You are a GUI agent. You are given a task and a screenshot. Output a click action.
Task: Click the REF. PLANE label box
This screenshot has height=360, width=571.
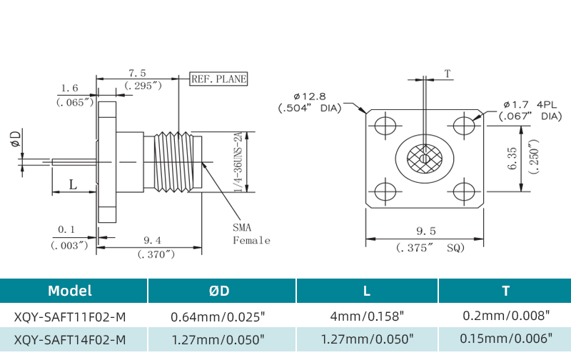(218, 79)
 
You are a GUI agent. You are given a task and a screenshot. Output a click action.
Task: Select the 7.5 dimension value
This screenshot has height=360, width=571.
(137, 73)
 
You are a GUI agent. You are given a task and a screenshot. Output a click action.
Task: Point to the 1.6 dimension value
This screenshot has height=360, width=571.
(69, 89)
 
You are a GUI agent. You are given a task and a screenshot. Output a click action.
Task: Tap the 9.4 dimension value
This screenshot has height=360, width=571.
(151, 239)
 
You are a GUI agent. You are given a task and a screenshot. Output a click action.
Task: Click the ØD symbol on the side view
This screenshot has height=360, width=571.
(16, 139)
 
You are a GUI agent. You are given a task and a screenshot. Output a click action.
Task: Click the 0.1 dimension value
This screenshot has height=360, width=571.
(66, 229)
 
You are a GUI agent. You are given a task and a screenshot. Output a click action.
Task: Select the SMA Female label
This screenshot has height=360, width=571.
(251, 234)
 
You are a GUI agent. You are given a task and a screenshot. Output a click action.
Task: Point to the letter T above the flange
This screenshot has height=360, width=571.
(448, 74)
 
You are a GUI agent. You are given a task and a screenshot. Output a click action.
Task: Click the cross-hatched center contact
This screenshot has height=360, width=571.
(425, 158)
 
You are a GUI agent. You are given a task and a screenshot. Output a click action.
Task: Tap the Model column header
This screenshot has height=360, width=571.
(69, 291)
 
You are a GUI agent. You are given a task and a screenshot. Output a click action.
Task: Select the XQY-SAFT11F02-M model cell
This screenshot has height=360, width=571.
(70, 315)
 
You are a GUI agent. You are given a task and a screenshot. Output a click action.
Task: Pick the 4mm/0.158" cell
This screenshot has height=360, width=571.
(368, 315)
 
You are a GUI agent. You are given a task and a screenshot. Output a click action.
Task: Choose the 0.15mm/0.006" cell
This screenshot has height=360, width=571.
(505, 339)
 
